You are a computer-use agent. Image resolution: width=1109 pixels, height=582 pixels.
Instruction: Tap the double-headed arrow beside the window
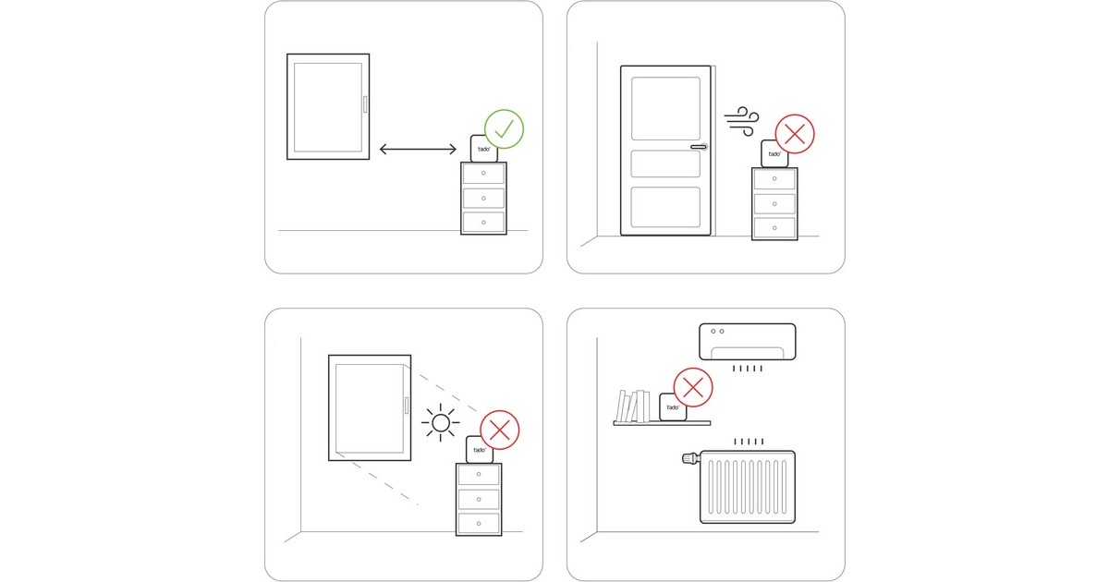[418, 149]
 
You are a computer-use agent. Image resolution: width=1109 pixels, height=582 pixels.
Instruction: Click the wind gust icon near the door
[741, 121]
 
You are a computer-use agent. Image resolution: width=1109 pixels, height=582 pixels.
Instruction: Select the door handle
[699, 147]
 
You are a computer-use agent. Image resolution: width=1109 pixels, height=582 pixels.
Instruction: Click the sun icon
[441, 423]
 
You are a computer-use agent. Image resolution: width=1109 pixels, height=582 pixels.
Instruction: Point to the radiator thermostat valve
[690, 458]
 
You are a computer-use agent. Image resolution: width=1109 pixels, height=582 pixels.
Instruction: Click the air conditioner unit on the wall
[747, 342]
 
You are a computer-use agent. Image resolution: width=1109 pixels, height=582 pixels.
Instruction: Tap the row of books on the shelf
[633, 406]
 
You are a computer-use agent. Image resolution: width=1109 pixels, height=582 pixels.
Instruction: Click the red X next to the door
[795, 134]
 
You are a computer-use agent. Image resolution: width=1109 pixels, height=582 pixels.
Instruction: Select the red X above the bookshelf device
[693, 387]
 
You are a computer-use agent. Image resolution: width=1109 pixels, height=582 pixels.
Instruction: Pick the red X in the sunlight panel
[500, 430]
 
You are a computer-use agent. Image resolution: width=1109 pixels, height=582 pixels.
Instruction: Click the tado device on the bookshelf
[673, 407]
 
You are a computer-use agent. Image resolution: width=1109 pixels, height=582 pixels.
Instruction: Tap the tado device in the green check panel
[483, 149]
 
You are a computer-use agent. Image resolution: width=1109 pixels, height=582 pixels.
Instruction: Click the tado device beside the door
[774, 154]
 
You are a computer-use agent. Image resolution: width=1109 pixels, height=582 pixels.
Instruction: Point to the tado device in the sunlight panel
[480, 450]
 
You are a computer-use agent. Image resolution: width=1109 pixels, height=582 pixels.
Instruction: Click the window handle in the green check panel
[365, 104]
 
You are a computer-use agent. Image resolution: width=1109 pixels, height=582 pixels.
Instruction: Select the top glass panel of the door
[665, 108]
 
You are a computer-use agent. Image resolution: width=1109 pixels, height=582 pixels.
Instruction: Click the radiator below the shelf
[748, 487]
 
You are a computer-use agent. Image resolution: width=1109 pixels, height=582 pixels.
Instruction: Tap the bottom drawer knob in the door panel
[774, 228]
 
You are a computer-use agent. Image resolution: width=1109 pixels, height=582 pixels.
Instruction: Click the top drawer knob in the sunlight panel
[479, 475]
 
